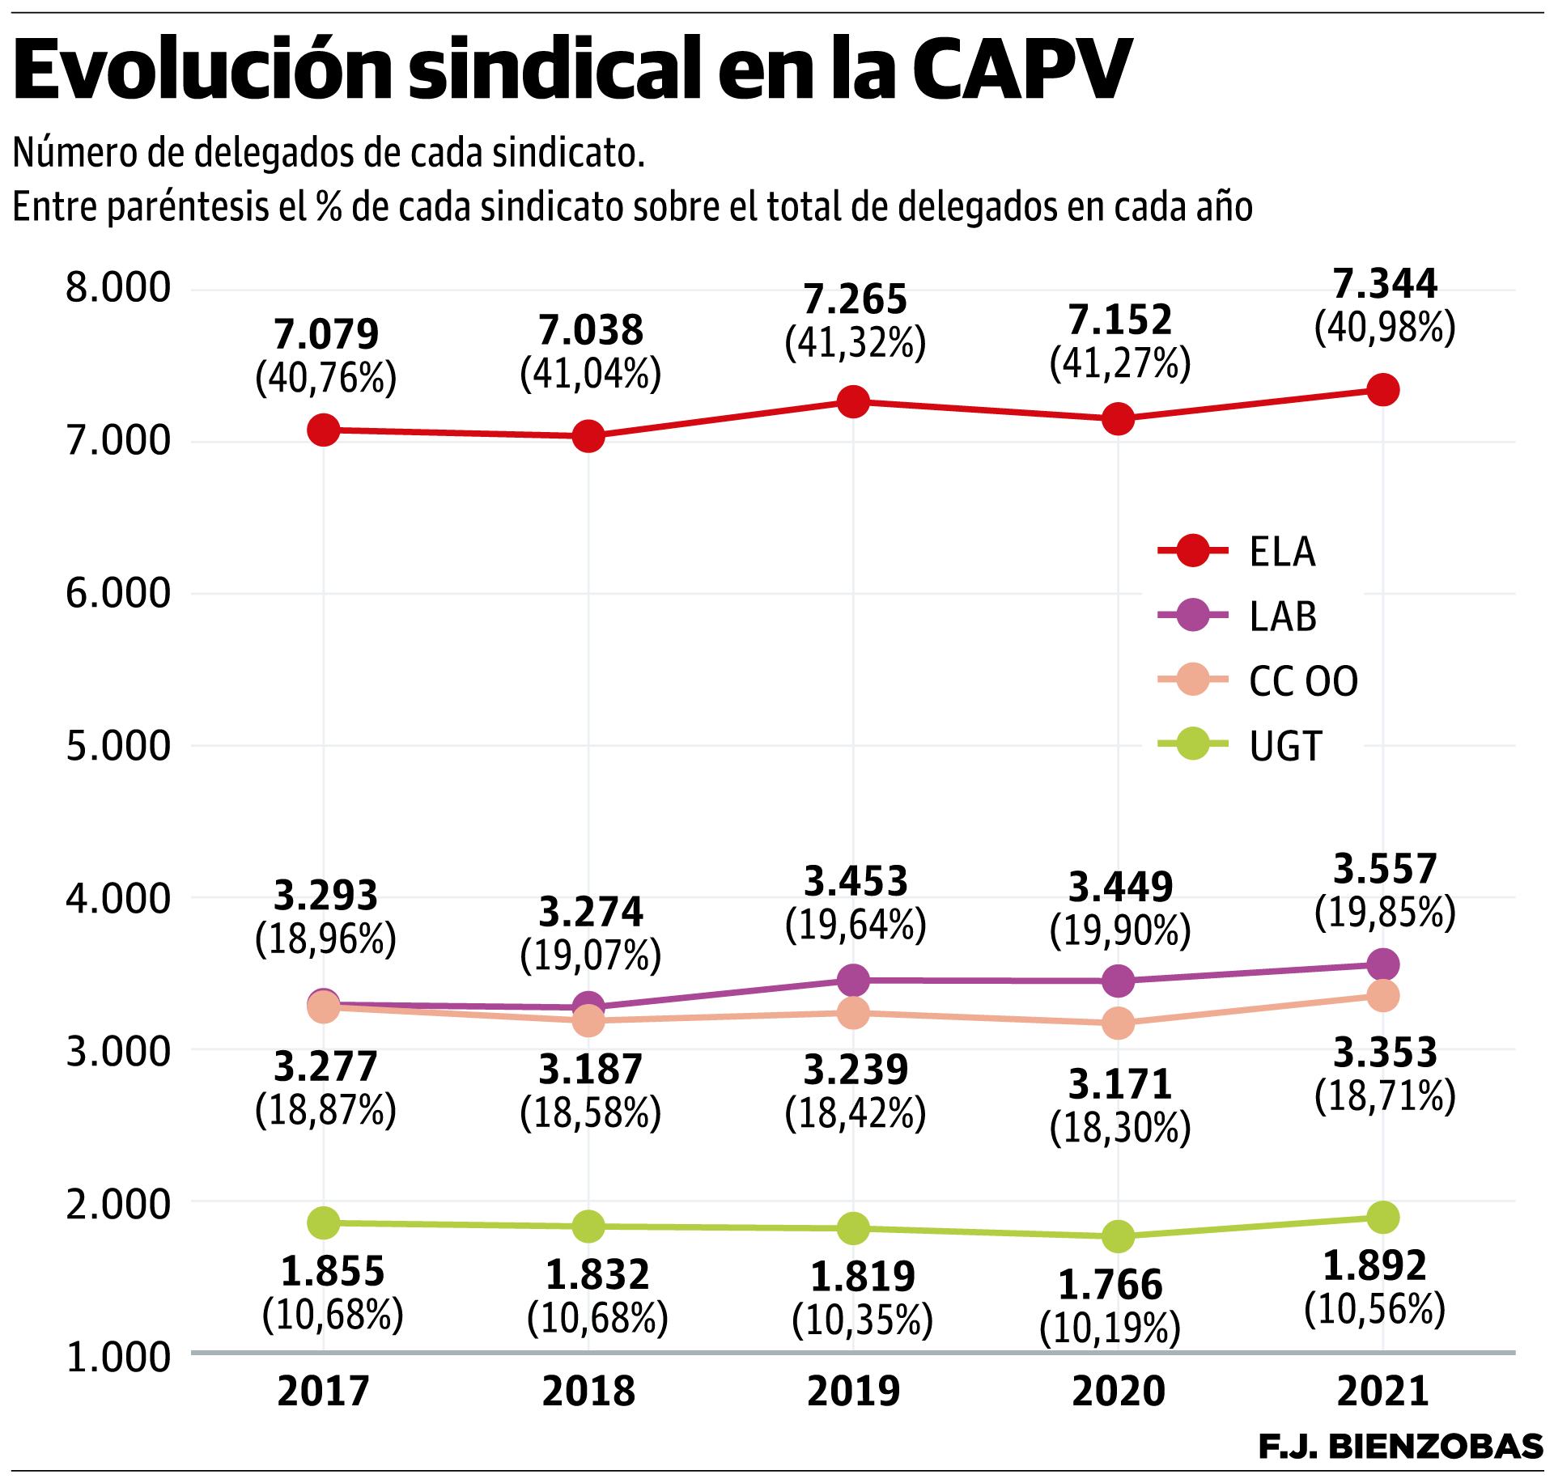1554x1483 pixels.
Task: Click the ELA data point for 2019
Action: (x=853, y=401)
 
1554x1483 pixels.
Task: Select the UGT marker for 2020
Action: (x=1119, y=1236)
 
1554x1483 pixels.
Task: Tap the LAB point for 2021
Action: (x=1382, y=964)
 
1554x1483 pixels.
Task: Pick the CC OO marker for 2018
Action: (x=588, y=1020)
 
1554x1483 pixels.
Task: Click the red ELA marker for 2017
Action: (x=323, y=430)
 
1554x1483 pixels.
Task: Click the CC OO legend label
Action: (x=1303, y=681)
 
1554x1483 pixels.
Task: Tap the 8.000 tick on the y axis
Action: (x=118, y=288)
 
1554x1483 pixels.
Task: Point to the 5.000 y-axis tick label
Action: (x=118, y=745)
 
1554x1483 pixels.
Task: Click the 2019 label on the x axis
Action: (x=853, y=1391)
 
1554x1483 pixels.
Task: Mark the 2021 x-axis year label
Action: (x=1382, y=1391)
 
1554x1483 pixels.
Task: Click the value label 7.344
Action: (x=1384, y=284)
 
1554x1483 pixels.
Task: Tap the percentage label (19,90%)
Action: (x=1120, y=931)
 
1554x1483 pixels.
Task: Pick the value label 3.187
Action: (x=591, y=1070)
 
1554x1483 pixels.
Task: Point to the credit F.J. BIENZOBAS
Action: (x=1400, y=1446)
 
